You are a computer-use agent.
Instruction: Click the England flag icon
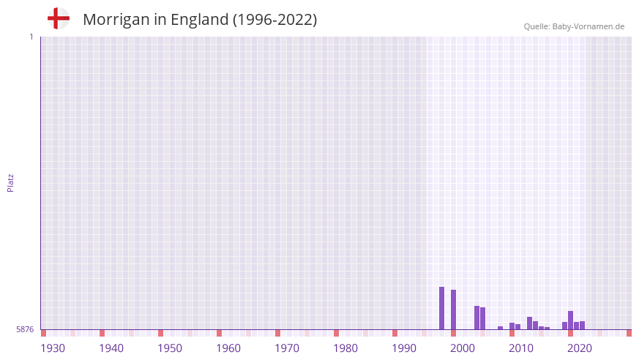click(x=58, y=18)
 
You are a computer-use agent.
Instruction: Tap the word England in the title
click(x=199, y=20)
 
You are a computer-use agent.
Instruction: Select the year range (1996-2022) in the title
click(x=274, y=20)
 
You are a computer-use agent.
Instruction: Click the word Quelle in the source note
click(x=537, y=26)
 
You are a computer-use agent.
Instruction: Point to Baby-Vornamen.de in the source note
click(x=588, y=26)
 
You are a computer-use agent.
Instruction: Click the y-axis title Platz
click(x=11, y=182)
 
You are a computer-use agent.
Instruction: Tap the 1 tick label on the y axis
click(x=31, y=37)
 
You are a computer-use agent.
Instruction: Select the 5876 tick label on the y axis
click(x=25, y=329)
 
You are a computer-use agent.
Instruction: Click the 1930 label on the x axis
click(x=53, y=348)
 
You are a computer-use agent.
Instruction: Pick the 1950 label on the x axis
click(x=170, y=348)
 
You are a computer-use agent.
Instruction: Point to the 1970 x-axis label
click(x=287, y=348)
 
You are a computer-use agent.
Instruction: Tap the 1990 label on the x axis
click(x=404, y=348)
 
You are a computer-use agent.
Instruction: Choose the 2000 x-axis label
click(x=463, y=348)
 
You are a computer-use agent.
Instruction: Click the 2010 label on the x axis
click(x=521, y=348)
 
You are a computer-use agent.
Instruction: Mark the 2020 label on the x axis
click(x=580, y=348)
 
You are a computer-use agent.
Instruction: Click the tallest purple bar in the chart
click(x=441, y=308)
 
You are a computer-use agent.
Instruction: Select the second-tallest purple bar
click(x=453, y=310)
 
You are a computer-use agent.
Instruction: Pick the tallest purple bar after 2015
click(x=570, y=320)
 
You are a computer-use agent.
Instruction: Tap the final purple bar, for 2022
click(x=582, y=326)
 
